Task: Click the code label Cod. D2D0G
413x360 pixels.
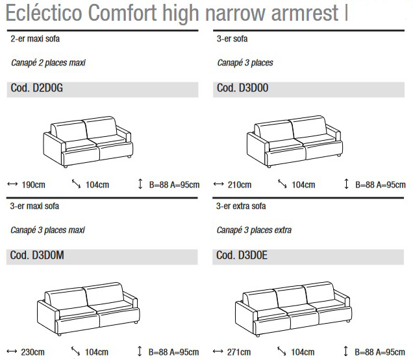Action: pyautogui.click(x=37, y=89)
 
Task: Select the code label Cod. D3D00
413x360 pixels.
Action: pyautogui.click(x=242, y=89)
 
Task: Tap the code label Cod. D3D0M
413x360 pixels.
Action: pyautogui.click(x=37, y=256)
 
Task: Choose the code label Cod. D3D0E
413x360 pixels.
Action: pyautogui.click(x=242, y=256)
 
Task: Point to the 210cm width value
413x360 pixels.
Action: pyautogui.click(x=239, y=185)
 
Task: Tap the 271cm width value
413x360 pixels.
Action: pyautogui.click(x=239, y=352)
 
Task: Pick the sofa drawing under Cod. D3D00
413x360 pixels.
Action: pyautogui.click(x=294, y=139)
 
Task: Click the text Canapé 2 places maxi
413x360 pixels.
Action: pyautogui.click(x=48, y=63)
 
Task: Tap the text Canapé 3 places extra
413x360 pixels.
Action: pyautogui.click(x=254, y=230)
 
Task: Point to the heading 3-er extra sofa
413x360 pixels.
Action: pyautogui.click(x=241, y=206)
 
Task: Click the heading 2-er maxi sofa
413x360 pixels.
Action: pyautogui.click(x=36, y=39)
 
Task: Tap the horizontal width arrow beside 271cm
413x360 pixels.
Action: pyautogui.click(x=219, y=352)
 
